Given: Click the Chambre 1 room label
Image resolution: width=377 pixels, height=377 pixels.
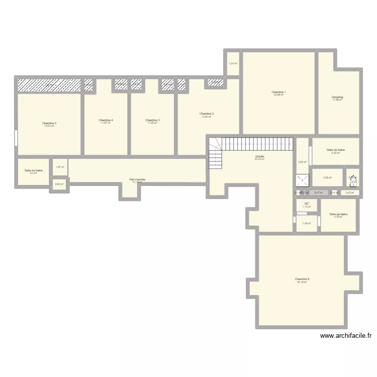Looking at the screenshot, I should (278, 92).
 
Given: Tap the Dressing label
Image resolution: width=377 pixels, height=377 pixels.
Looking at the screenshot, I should (337, 97).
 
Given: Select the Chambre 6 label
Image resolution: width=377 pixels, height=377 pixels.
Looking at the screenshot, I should (302, 279).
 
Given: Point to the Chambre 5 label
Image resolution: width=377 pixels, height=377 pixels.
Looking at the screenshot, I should (49, 123).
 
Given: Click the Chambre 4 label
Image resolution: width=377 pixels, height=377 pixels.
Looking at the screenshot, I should (106, 120).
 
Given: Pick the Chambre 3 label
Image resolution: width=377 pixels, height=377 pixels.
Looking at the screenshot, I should (152, 120).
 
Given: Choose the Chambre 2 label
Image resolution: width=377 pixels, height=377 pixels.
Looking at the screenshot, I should (206, 114).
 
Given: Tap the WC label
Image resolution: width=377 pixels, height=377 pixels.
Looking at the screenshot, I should (306, 204).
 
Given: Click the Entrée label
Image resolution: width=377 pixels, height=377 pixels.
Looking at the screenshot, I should (259, 157).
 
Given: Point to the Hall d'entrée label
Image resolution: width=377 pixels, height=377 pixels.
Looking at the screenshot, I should (137, 179).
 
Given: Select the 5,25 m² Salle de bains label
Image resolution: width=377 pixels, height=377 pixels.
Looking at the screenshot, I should (336, 150).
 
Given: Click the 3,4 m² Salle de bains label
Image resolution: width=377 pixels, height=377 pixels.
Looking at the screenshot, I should (34, 171).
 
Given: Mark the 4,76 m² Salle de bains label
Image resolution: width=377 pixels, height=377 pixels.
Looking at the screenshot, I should (338, 215).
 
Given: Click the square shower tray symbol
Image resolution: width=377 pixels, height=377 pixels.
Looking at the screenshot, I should (303, 180).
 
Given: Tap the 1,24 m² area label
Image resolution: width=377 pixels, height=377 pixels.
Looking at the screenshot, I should (233, 63).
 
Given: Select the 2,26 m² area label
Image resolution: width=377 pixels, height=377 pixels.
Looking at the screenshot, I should (327, 177).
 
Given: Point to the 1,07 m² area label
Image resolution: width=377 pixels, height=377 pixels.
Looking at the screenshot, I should (59, 167).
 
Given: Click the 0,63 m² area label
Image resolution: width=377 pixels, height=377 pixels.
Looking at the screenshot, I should (59, 184).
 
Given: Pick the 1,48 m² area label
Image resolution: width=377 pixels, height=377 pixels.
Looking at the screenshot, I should (306, 224).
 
